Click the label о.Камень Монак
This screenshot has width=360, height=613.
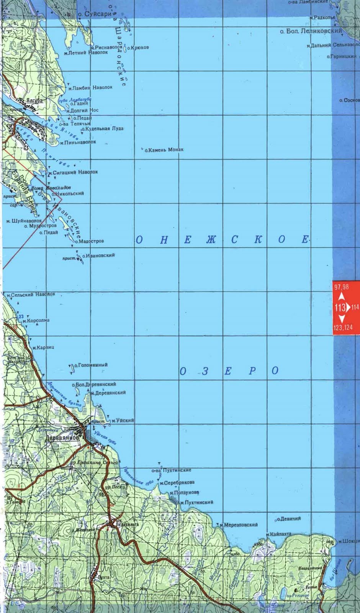(164, 150)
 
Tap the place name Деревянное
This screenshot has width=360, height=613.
(62, 438)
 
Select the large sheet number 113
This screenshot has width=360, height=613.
(340, 307)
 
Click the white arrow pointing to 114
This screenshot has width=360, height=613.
(348, 307)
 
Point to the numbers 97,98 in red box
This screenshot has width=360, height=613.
(341, 287)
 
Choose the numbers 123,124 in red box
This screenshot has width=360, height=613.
(343, 328)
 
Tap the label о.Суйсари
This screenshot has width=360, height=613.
(95, 14)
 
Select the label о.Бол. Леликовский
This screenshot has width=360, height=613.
(311, 31)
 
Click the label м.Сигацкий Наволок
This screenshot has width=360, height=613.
(73, 172)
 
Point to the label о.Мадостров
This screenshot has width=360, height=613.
(89, 241)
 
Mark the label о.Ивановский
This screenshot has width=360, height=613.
(98, 255)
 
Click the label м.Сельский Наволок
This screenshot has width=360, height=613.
(31, 295)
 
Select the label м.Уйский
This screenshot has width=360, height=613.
(123, 421)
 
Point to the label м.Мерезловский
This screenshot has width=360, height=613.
(239, 525)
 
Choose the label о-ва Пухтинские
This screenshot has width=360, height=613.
(171, 470)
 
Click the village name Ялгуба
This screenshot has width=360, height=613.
(34, 101)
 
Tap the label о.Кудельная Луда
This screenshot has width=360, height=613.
(102, 129)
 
